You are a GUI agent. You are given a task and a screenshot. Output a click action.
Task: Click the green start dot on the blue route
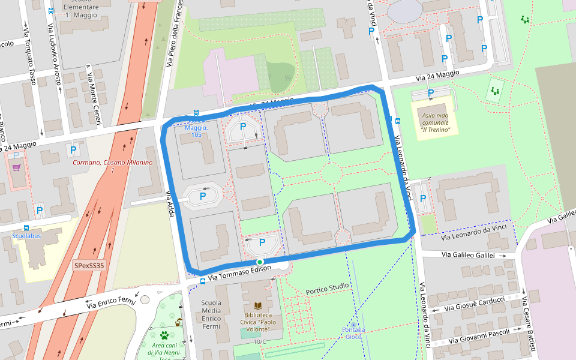[260, 262]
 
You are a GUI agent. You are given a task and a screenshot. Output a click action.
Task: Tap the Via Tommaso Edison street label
[240, 273]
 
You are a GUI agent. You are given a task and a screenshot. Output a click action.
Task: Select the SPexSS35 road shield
[89, 265]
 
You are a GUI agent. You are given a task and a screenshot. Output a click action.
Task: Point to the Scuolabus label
[26, 236]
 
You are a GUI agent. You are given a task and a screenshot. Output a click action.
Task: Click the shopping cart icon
[16, 167]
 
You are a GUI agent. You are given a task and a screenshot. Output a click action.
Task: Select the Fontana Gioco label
[353, 333]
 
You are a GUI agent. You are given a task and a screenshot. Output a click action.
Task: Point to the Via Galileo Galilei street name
[468, 255]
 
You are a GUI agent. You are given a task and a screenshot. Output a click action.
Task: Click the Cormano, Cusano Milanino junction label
[112, 166]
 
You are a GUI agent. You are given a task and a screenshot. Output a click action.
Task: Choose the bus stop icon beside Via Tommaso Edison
[203, 280]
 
